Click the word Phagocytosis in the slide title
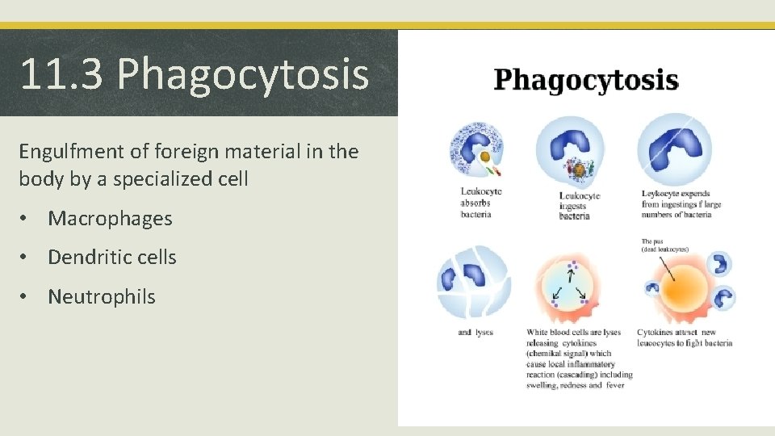(x=243, y=75)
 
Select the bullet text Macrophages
(x=110, y=218)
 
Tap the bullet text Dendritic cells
(x=111, y=257)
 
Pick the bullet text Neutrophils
(x=101, y=296)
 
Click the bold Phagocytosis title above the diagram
(x=585, y=81)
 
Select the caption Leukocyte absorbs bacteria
(x=481, y=203)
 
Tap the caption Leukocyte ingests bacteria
(x=575, y=206)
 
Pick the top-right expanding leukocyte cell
(x=675, y=150)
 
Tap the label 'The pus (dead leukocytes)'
(x=665, y=245)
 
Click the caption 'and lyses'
(x=475, y=332)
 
